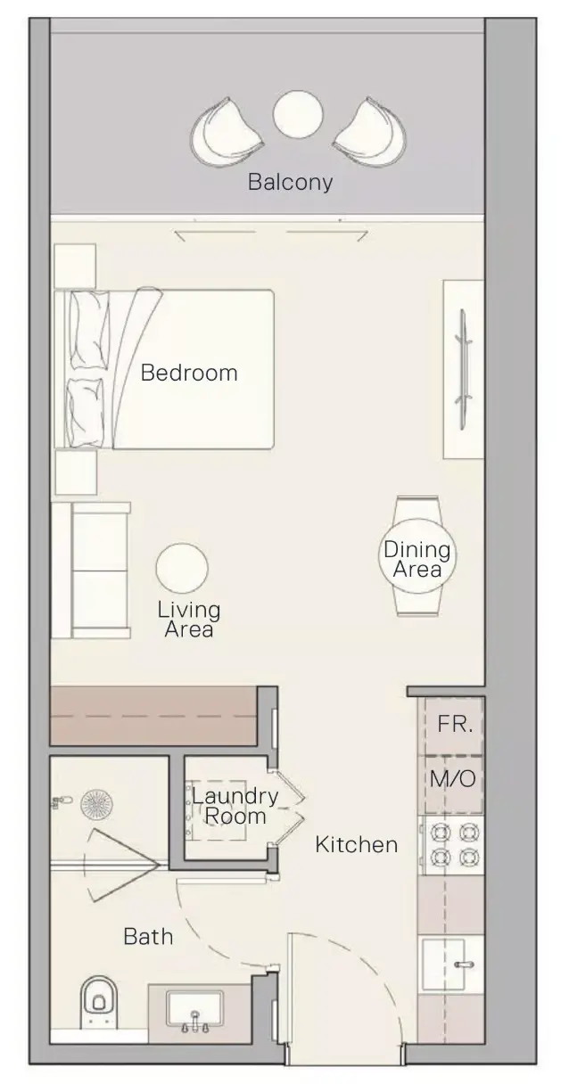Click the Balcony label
[x=290, y=183]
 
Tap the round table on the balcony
[x=297, y=115]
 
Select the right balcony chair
[x=369, y=132]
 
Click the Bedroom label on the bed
[x=189, y=373]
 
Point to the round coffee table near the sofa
[x=182, y=568]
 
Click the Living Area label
[x=189, y=620]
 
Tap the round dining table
[x=417, y=555]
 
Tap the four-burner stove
[x=453, y=845]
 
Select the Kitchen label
[x=357, y=844]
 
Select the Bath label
[x=148, y=937]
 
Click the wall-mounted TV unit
[x=463, y=369]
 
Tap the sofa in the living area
[x=91, y=571]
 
